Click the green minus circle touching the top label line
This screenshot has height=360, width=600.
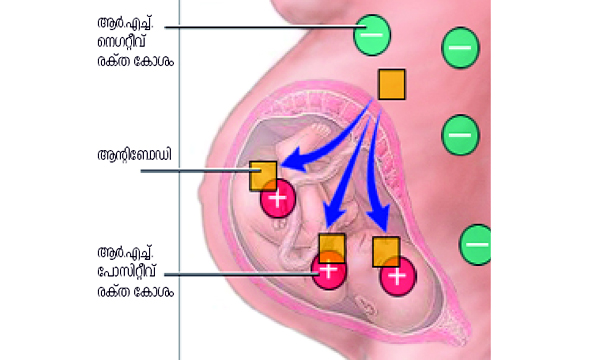tap(371, 35)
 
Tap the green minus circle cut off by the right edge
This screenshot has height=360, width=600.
tap(476, 243)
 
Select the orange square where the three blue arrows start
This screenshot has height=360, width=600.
tap(391, 84)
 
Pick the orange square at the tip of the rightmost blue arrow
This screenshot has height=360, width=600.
tap(386, 251)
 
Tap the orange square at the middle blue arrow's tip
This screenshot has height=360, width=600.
tap(331, 247)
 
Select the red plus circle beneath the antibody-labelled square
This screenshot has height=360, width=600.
tap(277, 199)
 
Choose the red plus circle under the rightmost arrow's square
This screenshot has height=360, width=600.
tap(396, 276)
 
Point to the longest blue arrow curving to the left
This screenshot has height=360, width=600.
tap(320, 145)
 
